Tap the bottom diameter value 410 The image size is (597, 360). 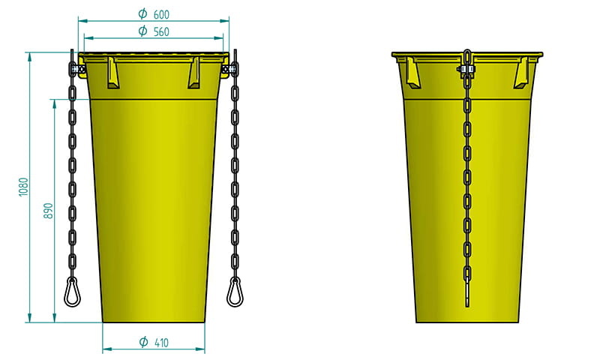click(x=160, y=343)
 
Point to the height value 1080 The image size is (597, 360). click(x=23, y=187)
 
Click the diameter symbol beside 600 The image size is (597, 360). click(x=142, y=14)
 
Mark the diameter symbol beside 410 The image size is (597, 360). click(x=143, y=343)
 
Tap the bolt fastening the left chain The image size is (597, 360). click(x=75, y=70)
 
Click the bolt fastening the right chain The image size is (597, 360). click(x=232, y=70)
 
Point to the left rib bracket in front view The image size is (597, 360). click(x=114, y=73)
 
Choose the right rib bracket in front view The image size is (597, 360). click(x=194, y=73)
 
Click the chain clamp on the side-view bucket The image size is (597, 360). click(x=466, y=71)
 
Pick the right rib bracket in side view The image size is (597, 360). click(x=520, y=73)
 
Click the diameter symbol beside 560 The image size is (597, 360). click(x=142, y=31)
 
